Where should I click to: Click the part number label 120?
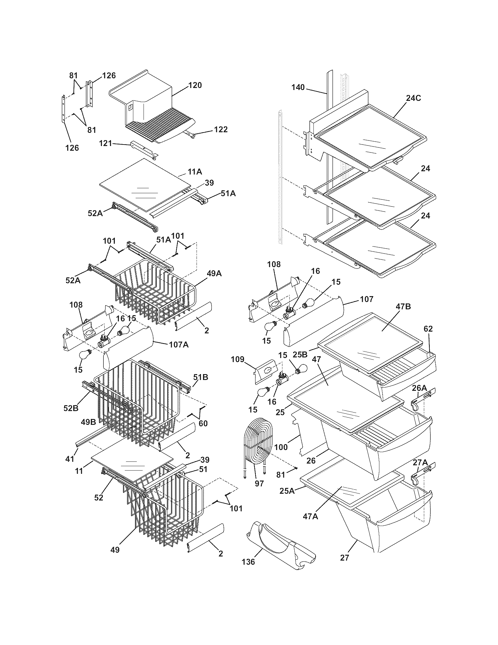point(195,85)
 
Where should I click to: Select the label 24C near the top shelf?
point(413,98)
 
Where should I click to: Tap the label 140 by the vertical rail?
point(298,87)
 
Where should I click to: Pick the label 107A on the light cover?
point(179,344)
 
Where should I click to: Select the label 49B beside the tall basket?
point(88,422)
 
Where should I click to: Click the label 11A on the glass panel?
point(195,172)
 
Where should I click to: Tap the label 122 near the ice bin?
point(221,129)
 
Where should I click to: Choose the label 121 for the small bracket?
point(105,144)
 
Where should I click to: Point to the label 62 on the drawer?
point(428,329)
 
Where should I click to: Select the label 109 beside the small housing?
point(238,359)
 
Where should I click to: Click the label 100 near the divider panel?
point(281,447)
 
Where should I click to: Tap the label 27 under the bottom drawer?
point(345,558)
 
